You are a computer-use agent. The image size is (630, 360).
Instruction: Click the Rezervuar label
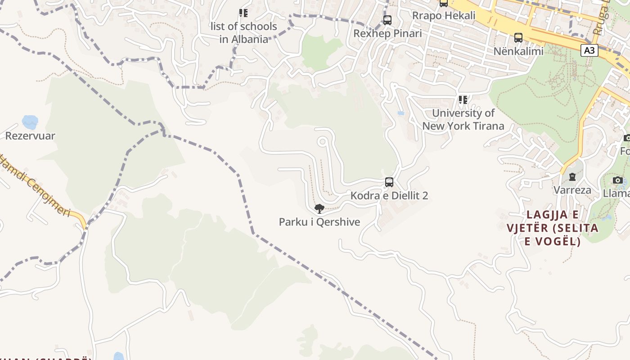[30, 136]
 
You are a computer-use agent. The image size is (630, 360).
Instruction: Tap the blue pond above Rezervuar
[30, 121]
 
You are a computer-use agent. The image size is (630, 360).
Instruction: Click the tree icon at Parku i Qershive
[319, 208]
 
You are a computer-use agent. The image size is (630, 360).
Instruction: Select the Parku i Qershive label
[319, 222]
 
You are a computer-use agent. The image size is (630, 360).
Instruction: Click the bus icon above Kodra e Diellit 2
[389, 182]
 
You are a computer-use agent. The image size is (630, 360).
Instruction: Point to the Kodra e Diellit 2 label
[389, 196]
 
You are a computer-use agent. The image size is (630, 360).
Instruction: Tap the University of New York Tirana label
[463, 120]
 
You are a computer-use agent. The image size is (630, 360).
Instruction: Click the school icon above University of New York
[463, 99]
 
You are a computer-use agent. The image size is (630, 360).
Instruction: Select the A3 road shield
[589, 51]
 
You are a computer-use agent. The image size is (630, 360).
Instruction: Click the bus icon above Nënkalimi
[518, 38]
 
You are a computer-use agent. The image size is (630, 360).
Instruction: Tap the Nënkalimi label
[518, 51]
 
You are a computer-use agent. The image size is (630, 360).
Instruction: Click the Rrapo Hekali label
[444, 16]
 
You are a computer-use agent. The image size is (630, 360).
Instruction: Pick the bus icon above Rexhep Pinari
[387, 20]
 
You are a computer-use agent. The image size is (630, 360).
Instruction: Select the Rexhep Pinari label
[387, 34]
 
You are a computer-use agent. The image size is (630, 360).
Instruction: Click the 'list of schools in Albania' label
[244, 33]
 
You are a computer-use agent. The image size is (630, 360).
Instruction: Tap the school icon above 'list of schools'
[243, 13]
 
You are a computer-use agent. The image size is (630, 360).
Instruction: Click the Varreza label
[572, 190]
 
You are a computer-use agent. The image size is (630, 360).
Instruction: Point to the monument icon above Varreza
[572, 177]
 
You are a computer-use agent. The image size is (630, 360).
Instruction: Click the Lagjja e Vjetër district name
[553, 228]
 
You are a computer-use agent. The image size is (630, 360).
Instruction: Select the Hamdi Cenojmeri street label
[36, 184]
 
